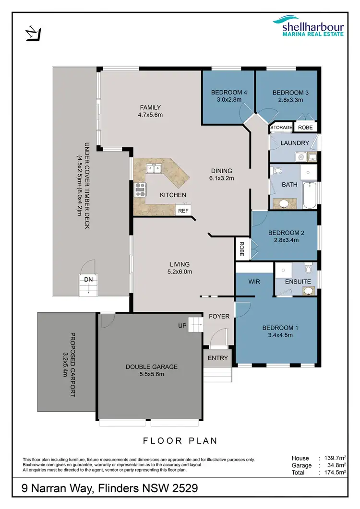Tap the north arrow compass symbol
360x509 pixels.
tap(33, 34)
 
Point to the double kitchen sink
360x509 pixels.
tap(154, 168)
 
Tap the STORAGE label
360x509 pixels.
tap(281, 127)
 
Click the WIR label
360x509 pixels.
tap(254, 282)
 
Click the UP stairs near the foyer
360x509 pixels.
tap(194, 325)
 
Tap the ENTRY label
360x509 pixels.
tap(218, 358)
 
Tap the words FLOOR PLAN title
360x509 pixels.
tap(180, 440)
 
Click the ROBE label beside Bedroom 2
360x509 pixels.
tap(241, 249)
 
